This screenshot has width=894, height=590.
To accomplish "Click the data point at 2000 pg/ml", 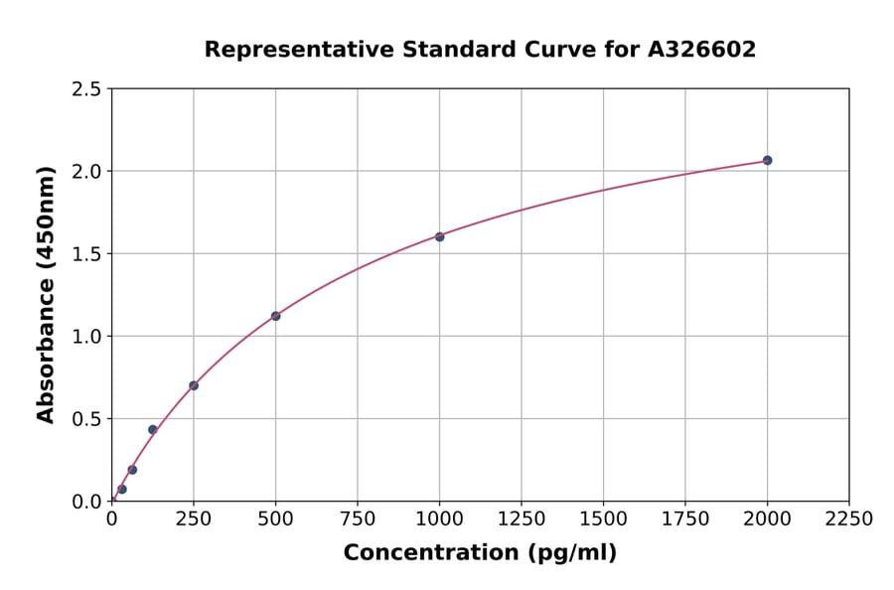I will (x=767, y=160).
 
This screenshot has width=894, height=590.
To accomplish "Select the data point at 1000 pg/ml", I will (x=439, y=236).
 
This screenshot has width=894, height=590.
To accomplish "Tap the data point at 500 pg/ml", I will (x=275, y=316).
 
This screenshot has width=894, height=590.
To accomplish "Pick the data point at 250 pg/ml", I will (x=194, y=385).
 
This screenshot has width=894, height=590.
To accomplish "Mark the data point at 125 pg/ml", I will (x=152, y=430).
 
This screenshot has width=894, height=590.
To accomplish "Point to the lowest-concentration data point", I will (x=121, y=489).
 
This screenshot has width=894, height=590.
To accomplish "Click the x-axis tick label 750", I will (x=358, y=518).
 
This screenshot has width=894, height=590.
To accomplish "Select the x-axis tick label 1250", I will (x=521, y=518).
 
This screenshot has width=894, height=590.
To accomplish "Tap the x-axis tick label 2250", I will (x=849, y=518).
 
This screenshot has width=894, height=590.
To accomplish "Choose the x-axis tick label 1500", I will (x=603, y=518).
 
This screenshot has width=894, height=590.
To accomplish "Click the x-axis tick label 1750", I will (x=685, y=518).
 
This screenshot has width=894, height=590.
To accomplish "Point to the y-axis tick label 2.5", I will (x=86, y=89).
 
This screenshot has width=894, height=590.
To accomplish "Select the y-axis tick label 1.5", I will (x=86, y=254).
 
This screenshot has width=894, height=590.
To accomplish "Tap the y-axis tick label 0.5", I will (x=86, y=419).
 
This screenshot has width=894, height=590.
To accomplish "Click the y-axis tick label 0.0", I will (x=86, y=502).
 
